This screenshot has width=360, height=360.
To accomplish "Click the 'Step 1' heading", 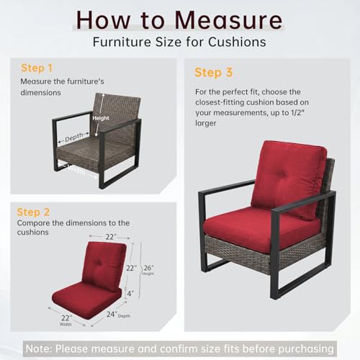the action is point(37,68).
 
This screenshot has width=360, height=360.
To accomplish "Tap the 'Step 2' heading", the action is point(33,212).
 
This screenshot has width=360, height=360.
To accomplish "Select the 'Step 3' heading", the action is point(214,73).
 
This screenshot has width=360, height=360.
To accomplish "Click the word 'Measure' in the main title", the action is point(228,20).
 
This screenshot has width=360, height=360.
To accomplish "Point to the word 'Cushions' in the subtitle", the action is point(237,42).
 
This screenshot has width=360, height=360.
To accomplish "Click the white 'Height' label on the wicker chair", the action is point(101,118).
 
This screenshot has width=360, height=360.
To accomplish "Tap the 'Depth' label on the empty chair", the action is point(74,138).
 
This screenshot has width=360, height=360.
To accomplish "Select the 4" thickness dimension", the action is point(130,293).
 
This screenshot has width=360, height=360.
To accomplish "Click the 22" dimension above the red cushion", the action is point(111,237).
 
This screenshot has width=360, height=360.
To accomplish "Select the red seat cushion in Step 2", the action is point(86,301).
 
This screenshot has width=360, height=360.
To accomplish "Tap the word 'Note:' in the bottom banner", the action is point(39,348).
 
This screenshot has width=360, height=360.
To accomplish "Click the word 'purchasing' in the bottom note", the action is point(306,349).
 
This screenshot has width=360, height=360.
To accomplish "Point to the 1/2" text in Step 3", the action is point(297,112).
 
